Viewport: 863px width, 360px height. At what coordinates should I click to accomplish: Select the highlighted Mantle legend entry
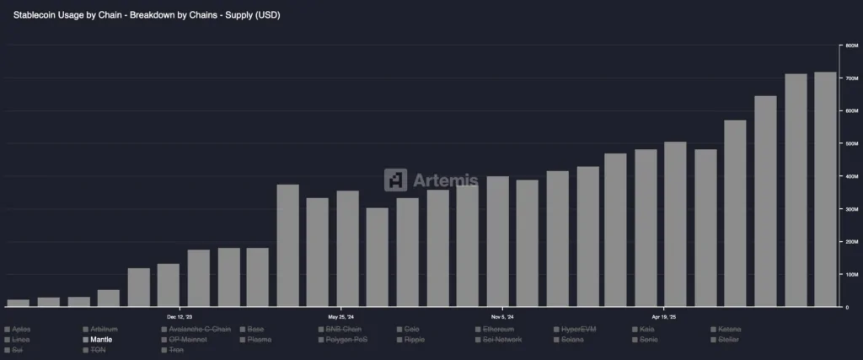[x=101, y=340]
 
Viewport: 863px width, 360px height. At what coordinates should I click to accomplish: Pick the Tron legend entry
[x=175, y=350]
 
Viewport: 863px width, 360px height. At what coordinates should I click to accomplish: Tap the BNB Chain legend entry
[x=344, y=329]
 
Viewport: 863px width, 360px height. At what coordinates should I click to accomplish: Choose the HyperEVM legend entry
[x=578, y=329]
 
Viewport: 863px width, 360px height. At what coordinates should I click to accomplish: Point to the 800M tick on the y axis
[x=850, y=46]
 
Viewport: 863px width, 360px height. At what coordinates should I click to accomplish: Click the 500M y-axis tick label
[x=850, y=143]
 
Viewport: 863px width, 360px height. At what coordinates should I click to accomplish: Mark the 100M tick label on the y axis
[x=850, y=275]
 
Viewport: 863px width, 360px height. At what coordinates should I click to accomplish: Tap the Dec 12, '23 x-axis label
[x=180, y=317]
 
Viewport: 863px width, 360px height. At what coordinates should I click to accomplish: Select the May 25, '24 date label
[x=340, y=317]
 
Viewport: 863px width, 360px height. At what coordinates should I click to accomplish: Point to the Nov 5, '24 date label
[x=502, y=317]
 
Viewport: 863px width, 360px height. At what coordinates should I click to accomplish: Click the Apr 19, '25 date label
[x=663, y=317]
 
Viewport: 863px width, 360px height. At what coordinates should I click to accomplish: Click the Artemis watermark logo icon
[x=395, y=180]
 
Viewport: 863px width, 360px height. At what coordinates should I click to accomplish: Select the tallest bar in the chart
[x=825, y=190]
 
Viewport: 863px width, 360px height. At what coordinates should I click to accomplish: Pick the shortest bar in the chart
[x=19, y=303]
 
